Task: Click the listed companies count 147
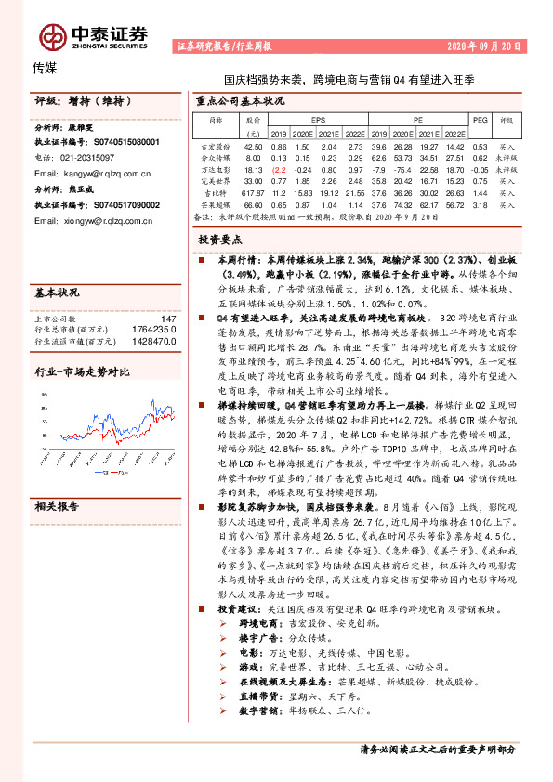coord(167,319)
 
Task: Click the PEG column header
coord(480,120)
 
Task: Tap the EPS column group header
coord(317,120)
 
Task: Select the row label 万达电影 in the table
coord(215,168)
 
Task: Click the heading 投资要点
coord(220,240)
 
